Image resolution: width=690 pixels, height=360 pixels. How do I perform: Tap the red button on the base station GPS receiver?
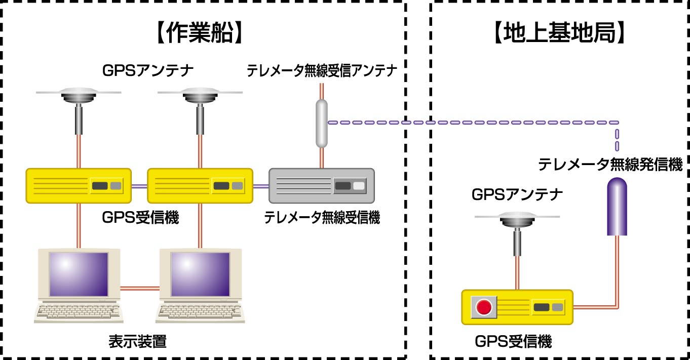coord(484,307)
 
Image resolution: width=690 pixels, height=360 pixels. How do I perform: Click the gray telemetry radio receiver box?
coord(321,186)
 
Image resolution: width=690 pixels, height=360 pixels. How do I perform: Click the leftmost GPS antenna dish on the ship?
coord(79,94)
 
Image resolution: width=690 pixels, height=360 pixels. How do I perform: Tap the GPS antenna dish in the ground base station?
coord(517,219)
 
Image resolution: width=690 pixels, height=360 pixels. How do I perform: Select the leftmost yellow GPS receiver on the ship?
coord(79,186)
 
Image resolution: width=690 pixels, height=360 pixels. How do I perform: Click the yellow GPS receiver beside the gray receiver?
coord(200,186)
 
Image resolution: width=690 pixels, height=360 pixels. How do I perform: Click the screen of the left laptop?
coord(79,273)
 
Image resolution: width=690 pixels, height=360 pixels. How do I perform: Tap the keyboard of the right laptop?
coord(200,312)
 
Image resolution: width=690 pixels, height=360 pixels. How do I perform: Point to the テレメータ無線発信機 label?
coord(610,165)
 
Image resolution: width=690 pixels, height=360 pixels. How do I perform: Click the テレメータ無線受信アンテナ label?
coord(321,71)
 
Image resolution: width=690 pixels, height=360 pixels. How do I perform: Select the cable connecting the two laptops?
coord(140,289)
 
